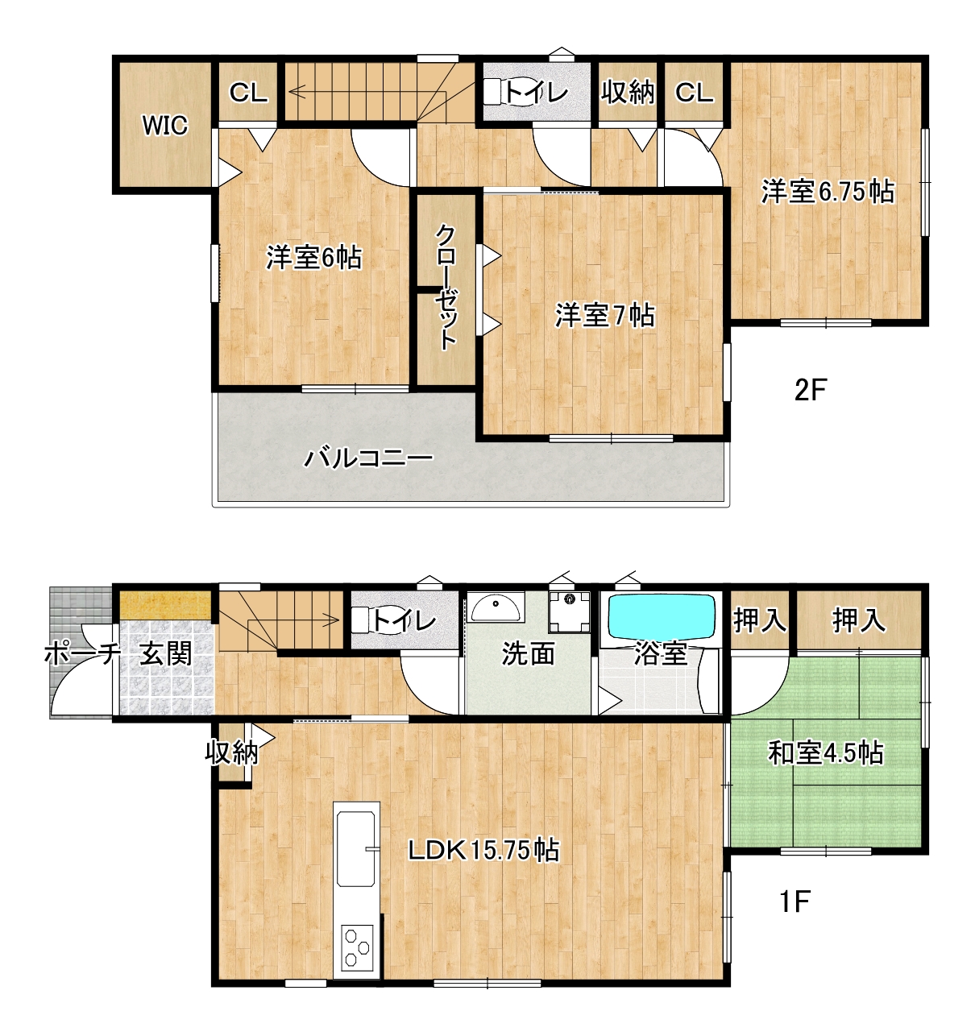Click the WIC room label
[165, 125]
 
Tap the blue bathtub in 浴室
[660, 616]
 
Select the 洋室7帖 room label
[604, 315]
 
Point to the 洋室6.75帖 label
[828, 191]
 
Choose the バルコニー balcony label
[368, 458]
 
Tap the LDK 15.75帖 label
[483, 850]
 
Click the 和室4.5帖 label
[825, 752]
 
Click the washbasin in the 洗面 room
[496, 607]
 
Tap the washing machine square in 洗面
[569, 611]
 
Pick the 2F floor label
[811, 390]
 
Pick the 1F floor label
[795, 902]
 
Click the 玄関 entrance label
[166, 653]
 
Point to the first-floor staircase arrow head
[332, 620]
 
